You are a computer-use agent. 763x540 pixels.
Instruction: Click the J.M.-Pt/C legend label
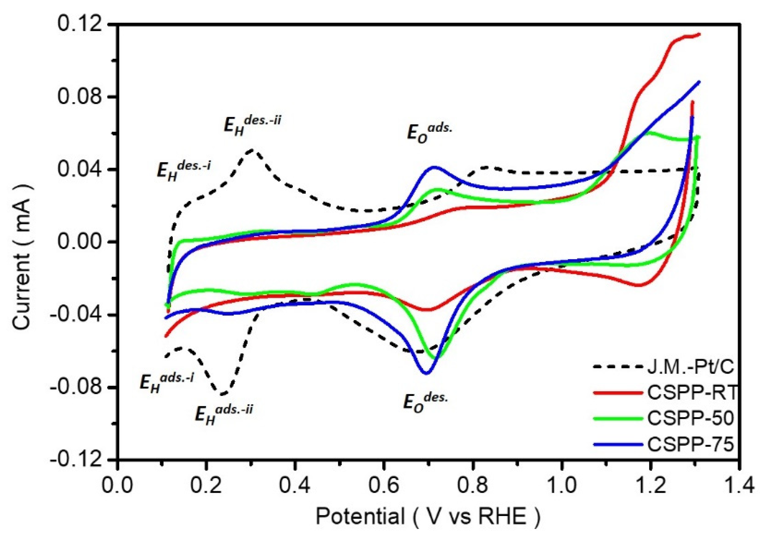click(690, 367)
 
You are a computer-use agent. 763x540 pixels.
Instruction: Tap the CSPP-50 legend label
click(690, 418)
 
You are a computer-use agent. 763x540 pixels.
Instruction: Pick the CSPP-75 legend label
click(690, 444)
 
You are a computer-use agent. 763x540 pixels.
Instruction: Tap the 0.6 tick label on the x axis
click(383, 485)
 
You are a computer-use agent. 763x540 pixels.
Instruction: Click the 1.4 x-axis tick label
click(738, 485)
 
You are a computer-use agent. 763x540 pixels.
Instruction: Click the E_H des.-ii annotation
click(252, 124)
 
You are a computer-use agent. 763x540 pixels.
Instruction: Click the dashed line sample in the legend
click(617, 367)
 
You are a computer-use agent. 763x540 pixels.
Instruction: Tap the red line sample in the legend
click(617, 393)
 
